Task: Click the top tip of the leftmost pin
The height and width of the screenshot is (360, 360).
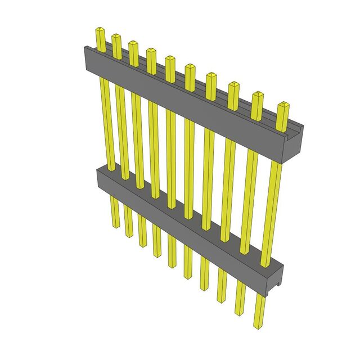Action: tap(100, 29)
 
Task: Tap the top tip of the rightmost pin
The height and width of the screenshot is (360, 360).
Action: tap(283, 105)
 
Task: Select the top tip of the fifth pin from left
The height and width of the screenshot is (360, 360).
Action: tap(170, 58)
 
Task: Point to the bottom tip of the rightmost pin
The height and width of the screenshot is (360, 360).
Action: tap(260, 326)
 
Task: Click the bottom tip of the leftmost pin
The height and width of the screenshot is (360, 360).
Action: tap(115, 225)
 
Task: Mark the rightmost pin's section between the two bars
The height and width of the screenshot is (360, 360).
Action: tap(275, 208)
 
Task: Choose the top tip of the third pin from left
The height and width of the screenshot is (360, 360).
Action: tap(133, 43)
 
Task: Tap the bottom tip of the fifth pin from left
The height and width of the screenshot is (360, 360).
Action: tap(173, 265)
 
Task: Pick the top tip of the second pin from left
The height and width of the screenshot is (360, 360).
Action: tap(116, 36)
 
